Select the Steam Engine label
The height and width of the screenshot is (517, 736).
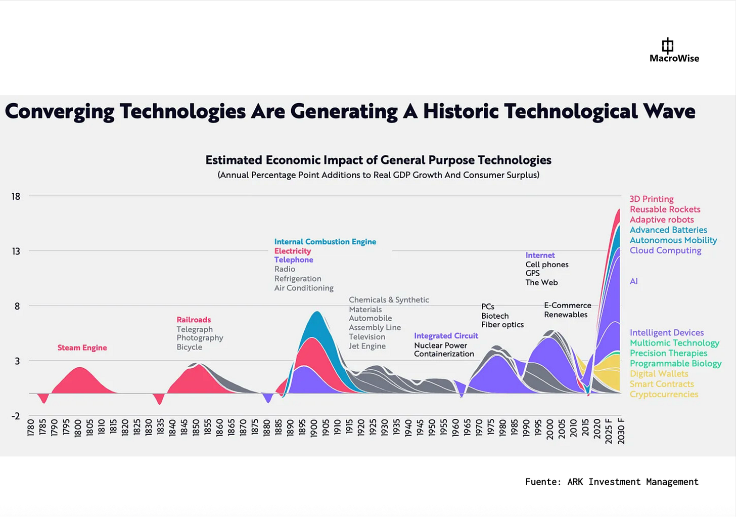(82, 348)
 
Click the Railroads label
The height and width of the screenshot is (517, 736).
(194, 320)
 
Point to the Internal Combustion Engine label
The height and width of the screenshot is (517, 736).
(325, 242)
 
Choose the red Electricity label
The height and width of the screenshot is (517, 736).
(293, 251)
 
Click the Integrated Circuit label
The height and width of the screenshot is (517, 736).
(446, 336)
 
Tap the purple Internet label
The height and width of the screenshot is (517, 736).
(540, 255)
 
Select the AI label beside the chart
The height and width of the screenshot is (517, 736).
(634, 281)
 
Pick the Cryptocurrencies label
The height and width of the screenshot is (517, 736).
(664, 395)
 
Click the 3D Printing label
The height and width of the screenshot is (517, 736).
(652, 199)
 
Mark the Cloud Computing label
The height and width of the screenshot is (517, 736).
(665, 250)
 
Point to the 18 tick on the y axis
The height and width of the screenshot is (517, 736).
(16, 196)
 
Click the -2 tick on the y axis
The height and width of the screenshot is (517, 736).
(16, 416)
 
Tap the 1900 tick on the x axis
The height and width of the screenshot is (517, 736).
(314, 428)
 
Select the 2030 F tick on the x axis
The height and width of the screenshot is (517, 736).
(621, 432)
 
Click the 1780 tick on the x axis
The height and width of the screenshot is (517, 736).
(31, 427)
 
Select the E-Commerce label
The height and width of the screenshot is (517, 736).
(567, 306)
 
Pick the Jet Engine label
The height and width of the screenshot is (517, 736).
(367, 346)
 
